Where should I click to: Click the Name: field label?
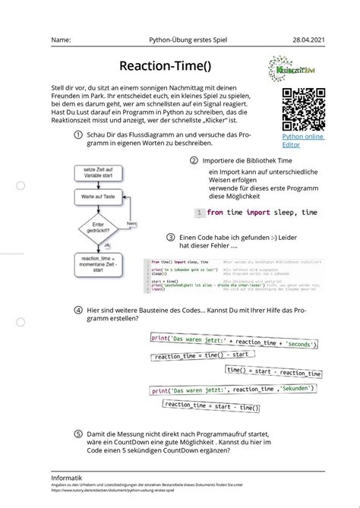point(62,39)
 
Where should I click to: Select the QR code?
point(303,109)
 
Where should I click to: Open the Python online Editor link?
point(302,140)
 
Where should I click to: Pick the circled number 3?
point(171,237)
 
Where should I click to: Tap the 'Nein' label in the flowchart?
point(131,224)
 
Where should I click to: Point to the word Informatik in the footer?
point(68,477)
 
